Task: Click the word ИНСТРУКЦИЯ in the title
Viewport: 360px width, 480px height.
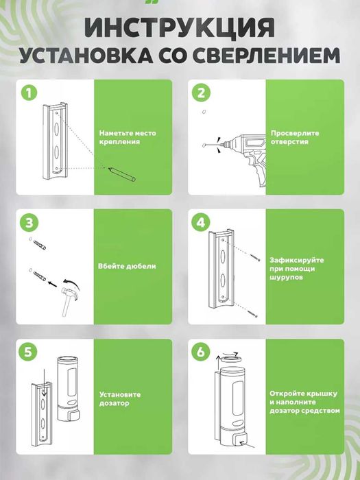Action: point(180,27)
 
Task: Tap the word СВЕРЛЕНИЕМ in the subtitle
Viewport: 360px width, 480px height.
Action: point(266,55)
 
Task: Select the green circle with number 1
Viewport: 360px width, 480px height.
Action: point(29,93)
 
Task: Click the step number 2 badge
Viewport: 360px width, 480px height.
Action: point(201,93)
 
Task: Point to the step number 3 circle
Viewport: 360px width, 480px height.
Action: point(29,223)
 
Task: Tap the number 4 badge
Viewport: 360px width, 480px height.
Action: point(201,223)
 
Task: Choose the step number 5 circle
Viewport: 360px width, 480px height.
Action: point(28,352)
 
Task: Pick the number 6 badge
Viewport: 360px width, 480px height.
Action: point(200,352)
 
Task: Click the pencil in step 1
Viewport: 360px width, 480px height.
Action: point(122,174)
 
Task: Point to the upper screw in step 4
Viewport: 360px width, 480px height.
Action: point(255,257)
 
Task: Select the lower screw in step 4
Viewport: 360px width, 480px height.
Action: point(253,313)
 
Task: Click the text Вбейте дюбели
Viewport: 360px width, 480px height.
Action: point(127,266)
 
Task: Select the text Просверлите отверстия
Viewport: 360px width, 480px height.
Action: point(291,137)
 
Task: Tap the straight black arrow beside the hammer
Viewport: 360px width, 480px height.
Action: point(52,284)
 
